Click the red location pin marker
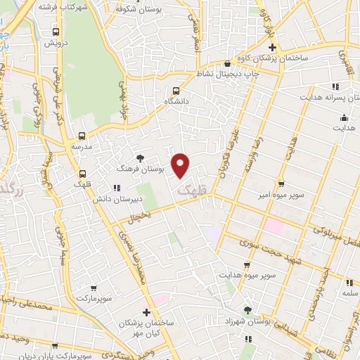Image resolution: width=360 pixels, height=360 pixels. pyautogui.click(x=181, y=165)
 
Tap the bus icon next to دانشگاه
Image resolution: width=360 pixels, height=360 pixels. pyautogui.click(x=176, y=90)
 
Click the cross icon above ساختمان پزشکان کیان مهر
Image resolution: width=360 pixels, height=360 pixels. pyautogui.click(x=146, y=312)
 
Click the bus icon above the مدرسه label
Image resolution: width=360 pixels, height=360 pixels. pyautogui.click(x=82, y=136)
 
